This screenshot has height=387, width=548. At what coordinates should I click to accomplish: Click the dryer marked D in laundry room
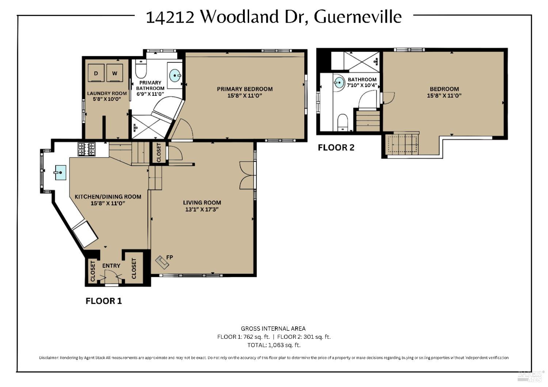click(x=96, y=73)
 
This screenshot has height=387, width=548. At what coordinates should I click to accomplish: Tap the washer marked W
click(x=115, y=73)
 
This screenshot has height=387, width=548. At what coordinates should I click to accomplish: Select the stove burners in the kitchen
click(x=86, y=149)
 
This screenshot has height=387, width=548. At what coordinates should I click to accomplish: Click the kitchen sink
click(x=60, y=172)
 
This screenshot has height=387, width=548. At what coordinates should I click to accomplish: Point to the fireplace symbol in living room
click(x=160, y=262)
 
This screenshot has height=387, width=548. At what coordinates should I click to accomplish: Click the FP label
click(x=170, y=257)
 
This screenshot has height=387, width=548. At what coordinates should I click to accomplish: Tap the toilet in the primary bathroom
click(x=141, y=68)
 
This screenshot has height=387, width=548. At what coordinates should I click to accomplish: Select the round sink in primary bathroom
click(x=175, y=76)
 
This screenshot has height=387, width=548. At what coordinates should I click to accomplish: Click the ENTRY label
click(x=111, y=266)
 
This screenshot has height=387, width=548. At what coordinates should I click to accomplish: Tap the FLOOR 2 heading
click(x=336, y=147)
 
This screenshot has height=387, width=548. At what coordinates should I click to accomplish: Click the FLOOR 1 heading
click(x=103, y=301)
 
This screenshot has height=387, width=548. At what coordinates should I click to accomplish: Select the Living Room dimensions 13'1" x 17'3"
click(x=202, y=210)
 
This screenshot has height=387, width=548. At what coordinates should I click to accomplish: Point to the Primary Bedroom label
click(x=244, y=89)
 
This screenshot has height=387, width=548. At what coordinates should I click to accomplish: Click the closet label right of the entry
click(x=134, y=268)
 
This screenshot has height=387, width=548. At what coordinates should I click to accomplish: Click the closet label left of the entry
click(x=92, y=271)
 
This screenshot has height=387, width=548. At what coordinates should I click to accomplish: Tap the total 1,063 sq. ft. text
click(x=274, y=345)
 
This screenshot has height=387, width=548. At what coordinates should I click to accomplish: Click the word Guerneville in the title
click(x=358, y=17)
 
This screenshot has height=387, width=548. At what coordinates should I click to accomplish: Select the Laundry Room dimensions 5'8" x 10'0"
click(x=107, y=99)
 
